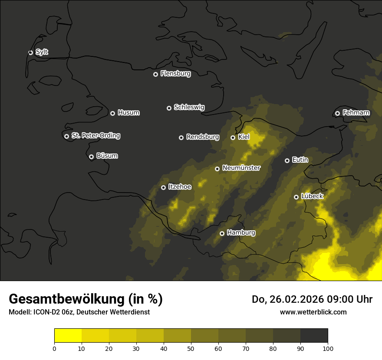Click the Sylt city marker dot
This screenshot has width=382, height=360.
click(30, 52)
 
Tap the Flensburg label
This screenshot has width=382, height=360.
click(175, 74)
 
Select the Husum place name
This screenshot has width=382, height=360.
click(128, 113)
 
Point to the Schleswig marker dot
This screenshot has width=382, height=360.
click(169, 108)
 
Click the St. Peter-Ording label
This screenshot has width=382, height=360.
click(95, 136)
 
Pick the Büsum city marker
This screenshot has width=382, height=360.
click(91, 157)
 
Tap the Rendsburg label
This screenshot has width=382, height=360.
click(203, 137)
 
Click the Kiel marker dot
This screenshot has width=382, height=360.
click(233, 137)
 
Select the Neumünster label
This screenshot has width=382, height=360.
click(241, 168)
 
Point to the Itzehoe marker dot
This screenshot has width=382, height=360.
click(163, 187)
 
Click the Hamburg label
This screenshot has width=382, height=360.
click(241, 233)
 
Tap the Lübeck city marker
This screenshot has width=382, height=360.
click(296, 197)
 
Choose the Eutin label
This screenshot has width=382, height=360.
click(300, 160)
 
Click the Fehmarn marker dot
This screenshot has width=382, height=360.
click(337, 113)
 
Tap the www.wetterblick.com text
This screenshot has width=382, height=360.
click(313, 312)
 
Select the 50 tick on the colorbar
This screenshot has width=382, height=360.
click(191, 348)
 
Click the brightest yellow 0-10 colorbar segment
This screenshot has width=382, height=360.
click(68, 336)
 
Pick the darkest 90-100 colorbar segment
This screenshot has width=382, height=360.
click(314, 336)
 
